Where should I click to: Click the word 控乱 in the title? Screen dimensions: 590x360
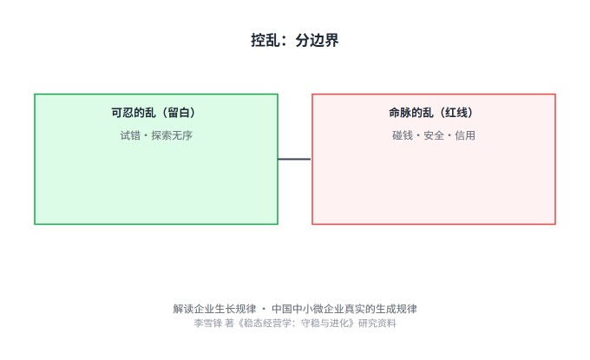coord(265,40)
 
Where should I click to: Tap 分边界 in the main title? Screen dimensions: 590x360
coord(317,40)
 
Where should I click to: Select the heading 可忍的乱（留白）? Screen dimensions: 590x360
coord(154,113)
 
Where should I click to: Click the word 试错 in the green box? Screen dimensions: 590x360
coord(130,135)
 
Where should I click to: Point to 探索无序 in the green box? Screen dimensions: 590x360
coord(172,135)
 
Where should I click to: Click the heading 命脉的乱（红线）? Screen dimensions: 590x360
coord(431,113)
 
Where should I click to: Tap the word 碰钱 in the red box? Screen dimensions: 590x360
coord(403,135)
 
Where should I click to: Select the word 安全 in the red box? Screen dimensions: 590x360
coord(434,135)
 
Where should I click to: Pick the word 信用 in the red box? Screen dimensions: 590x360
coord(465,135)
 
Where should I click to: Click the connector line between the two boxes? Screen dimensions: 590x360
coord(294,159)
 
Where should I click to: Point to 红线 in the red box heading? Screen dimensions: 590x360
coord(456,113)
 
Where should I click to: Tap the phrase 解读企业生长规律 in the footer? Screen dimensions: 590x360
coord(214,309)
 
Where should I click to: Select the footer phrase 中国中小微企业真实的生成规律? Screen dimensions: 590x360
coord(344,309)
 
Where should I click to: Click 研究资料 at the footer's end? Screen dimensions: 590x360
coord(377,324)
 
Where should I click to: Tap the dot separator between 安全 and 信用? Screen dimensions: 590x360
coord(449,136)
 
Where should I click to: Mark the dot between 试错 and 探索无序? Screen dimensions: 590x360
coord(146,136)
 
